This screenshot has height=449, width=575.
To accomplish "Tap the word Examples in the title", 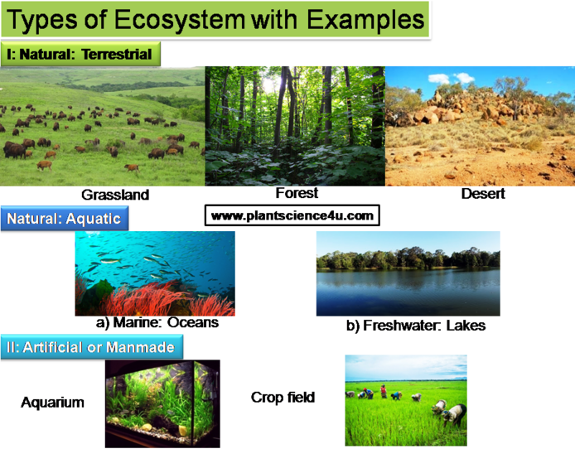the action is (x=365, y=19).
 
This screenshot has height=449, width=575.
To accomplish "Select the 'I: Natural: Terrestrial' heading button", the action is (x=80, y=54).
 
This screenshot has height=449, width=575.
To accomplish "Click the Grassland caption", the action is (x=115, y=195).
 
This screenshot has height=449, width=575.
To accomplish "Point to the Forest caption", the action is (x=297, y=193).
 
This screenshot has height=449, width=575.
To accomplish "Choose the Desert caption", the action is (x=483, y=194).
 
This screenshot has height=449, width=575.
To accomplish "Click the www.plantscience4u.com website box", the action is (x=292, y=215).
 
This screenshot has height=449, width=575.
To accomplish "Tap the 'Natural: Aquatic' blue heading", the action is (x=65, y=219).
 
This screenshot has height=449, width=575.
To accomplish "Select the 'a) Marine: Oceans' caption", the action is (x=157, y=322).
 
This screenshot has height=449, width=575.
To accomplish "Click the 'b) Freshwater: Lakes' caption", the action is (x=416, y=326).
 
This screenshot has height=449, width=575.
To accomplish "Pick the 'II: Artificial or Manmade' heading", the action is (x=92, y=347).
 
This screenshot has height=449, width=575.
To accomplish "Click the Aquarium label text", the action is (x=52, y=403).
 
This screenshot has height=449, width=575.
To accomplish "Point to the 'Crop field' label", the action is (x=283, y=398).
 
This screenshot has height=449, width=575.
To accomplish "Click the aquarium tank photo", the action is (x=162, y=403).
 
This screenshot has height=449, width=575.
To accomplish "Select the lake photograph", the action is (x=408, y=273).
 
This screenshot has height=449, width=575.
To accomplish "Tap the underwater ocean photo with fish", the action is (x=155, y=273).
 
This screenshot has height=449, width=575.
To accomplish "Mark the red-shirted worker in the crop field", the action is (x=384, y=391).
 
